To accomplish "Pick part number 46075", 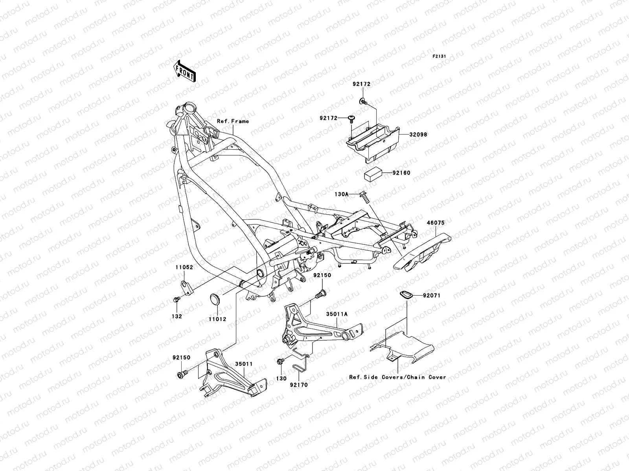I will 436,223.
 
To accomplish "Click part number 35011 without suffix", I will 244,364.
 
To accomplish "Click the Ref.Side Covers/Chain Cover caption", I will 397,377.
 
